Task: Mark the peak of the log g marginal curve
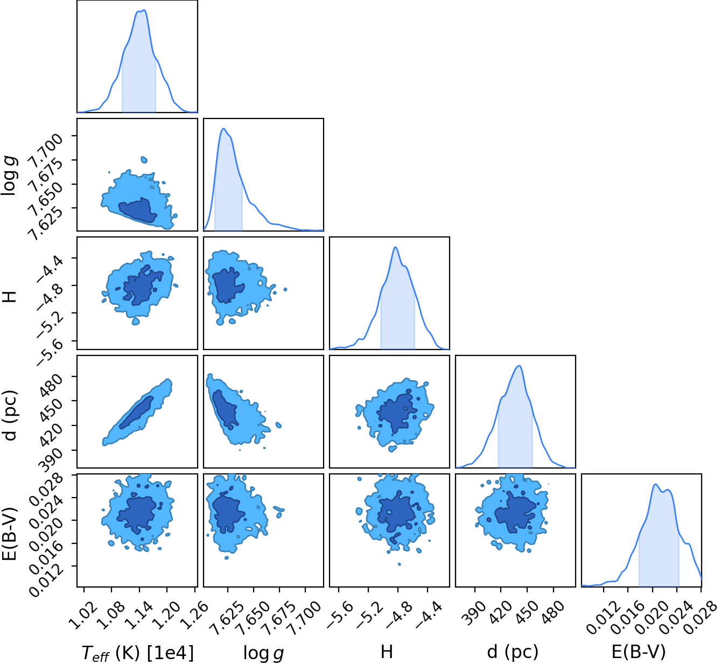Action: [x=223, y=128]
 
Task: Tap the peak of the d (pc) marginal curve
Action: [x=519, y=366]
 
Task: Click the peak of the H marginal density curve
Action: [x=395, y=247]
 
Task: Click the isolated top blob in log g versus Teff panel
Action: [x=144, y=159]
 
